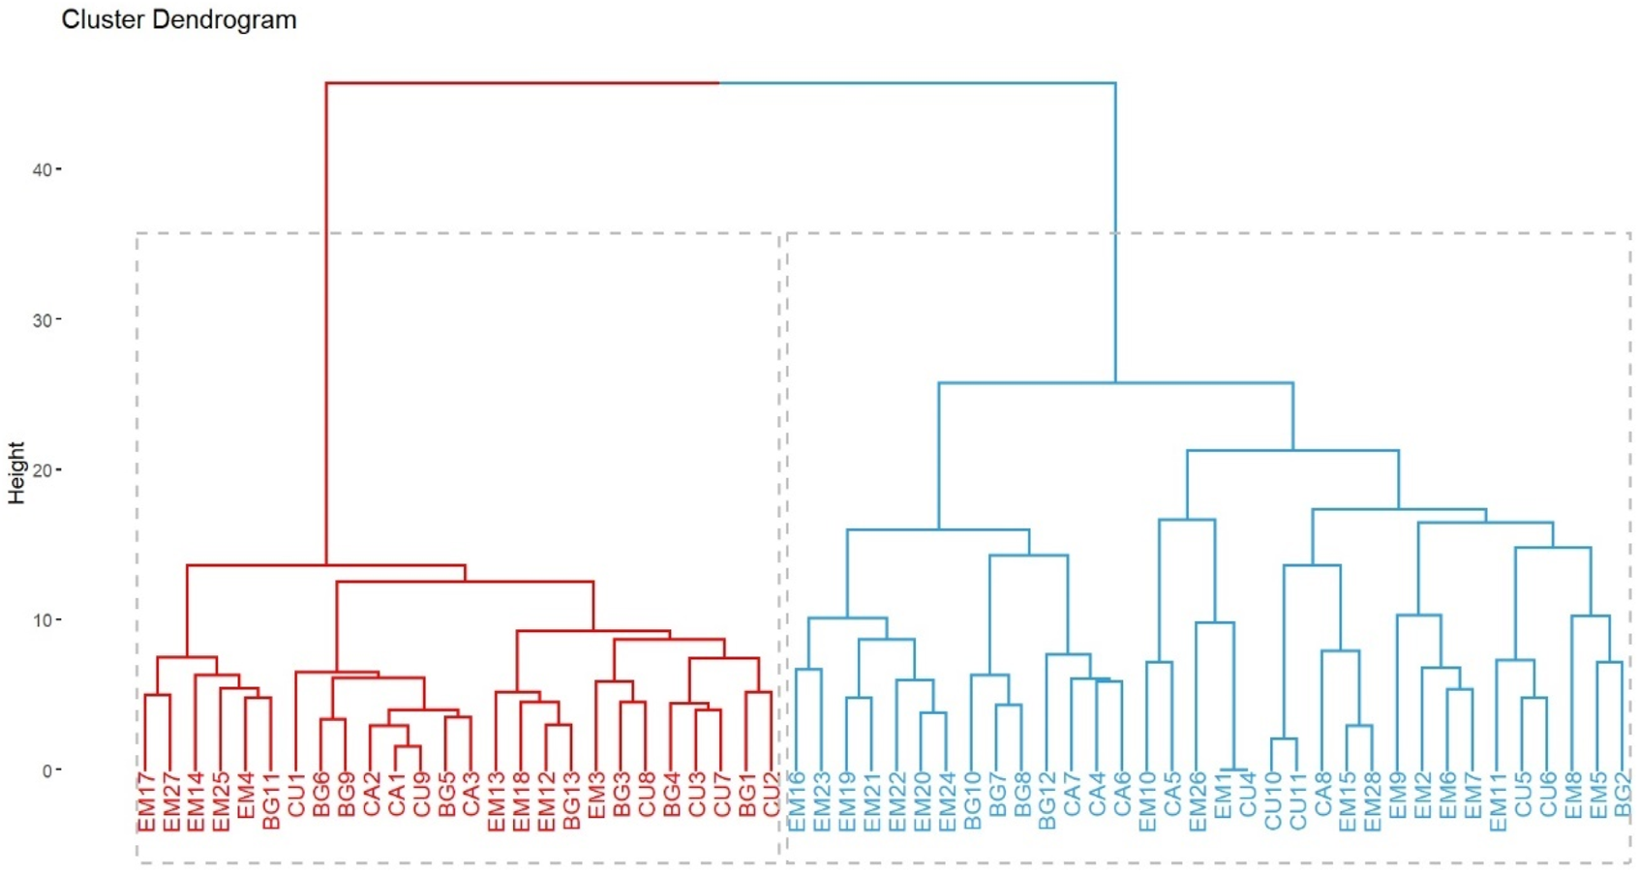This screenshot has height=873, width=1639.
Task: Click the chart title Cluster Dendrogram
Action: (x=179, y=20)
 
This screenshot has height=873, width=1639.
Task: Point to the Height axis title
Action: (x=16, y=472)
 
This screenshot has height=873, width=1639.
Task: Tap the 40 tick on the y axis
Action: (x=43, y=170)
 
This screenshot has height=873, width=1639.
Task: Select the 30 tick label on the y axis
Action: (x=43, y=320)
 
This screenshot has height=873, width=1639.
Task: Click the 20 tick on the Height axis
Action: (x=43, y=470)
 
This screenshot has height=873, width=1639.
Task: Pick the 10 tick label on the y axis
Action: (x=43, y=620)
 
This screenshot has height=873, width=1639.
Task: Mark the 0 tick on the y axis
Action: (x=46, y=771)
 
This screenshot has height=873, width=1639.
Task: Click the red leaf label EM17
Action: (x=146, y=801)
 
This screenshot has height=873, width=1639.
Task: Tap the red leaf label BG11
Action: (x=271, y=801)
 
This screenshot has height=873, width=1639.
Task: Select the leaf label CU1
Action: (x=296, y=795)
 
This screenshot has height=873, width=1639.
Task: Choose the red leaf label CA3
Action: (x=471, y=795)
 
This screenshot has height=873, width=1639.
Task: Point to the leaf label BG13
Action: (x=572, y=801)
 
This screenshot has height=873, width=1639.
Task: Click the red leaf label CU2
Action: (x=772, y=795)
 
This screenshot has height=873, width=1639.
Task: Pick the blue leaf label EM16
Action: (x=797, y=801)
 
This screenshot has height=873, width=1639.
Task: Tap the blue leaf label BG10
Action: (x=972, y=801)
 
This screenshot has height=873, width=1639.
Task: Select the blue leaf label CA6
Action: (x=1122, y=795)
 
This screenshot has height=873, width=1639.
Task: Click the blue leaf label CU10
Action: (x=1272, y=801)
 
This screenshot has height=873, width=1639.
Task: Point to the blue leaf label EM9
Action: (x=1397, y=795)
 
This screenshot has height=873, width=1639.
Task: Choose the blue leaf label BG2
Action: (x=1623, y=795)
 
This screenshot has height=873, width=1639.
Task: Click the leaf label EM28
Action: (x=1372, y=801)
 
